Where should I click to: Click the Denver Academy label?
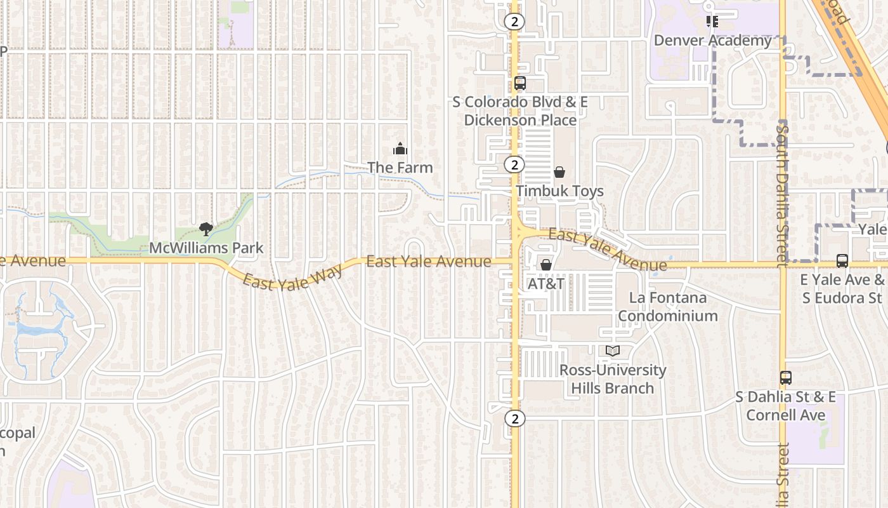click(712, 41)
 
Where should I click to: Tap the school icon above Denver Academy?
click(712, 22)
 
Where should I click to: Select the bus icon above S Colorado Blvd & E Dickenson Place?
click(520, 83)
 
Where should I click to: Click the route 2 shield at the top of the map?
click(514, 22)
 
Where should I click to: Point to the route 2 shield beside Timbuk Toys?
click(514, 165)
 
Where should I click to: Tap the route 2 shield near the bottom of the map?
click(515, 418)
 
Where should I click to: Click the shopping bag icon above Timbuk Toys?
click(559, 172)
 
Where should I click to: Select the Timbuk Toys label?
click(559, 191)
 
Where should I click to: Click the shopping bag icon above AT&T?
click(546, 265)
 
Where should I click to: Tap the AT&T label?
click(546, 284)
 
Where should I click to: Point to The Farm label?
click(400, 168)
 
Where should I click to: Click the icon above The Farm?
click(400, 149)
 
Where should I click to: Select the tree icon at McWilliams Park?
click(206, 229)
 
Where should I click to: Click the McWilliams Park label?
click(206, 248)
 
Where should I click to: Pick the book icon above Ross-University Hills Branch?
click(612, 351)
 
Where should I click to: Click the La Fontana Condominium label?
click(668, 307)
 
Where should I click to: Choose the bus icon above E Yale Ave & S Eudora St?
click(842, 261)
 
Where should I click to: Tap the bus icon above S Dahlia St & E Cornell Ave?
click(786, 378)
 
